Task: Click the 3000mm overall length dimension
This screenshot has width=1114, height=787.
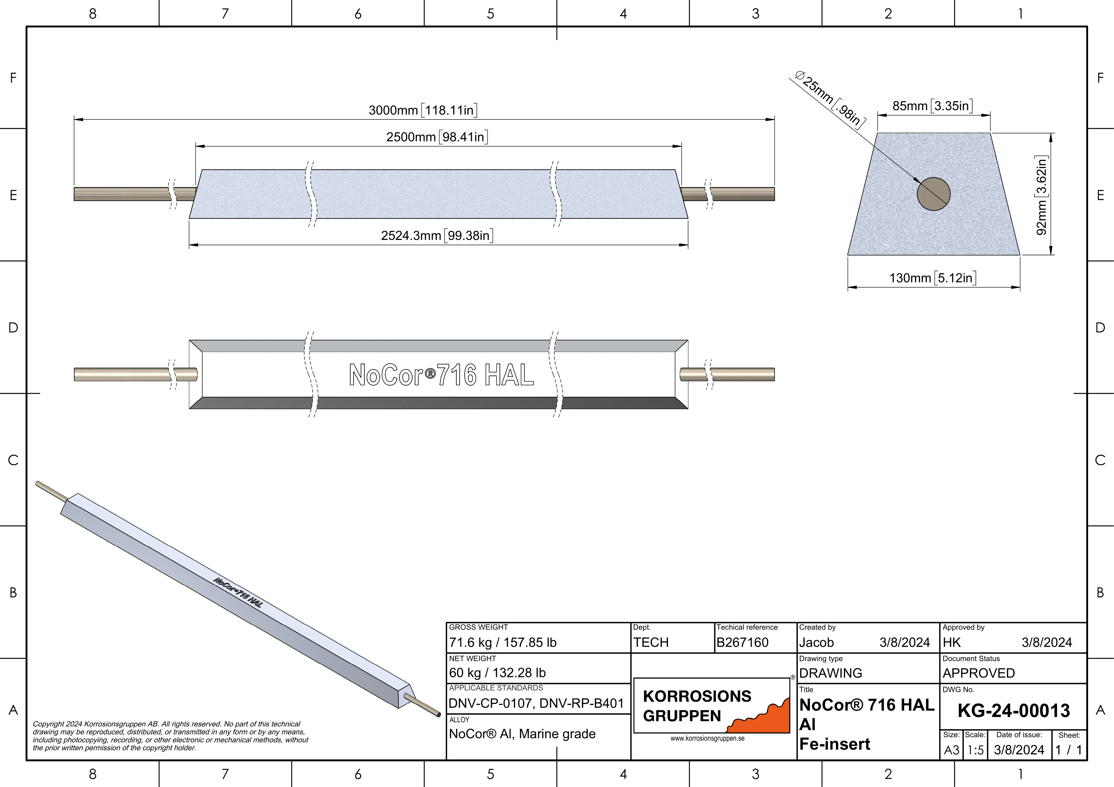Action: [x=423, y=110]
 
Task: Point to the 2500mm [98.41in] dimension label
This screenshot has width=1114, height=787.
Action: [x=437, y=137]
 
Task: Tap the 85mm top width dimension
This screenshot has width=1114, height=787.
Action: [x=932, y=106]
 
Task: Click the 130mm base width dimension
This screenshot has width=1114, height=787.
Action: [x=932, y=278]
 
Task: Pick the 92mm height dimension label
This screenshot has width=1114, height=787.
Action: [x=1041, y=195]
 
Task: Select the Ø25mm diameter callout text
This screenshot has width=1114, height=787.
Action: [x=830, y=99]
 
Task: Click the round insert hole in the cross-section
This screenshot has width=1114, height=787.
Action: [x=933, y=194]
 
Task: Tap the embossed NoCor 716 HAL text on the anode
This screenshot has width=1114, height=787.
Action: [x=441, y=375]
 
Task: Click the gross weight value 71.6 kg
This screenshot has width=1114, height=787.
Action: [x=503, y=643]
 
